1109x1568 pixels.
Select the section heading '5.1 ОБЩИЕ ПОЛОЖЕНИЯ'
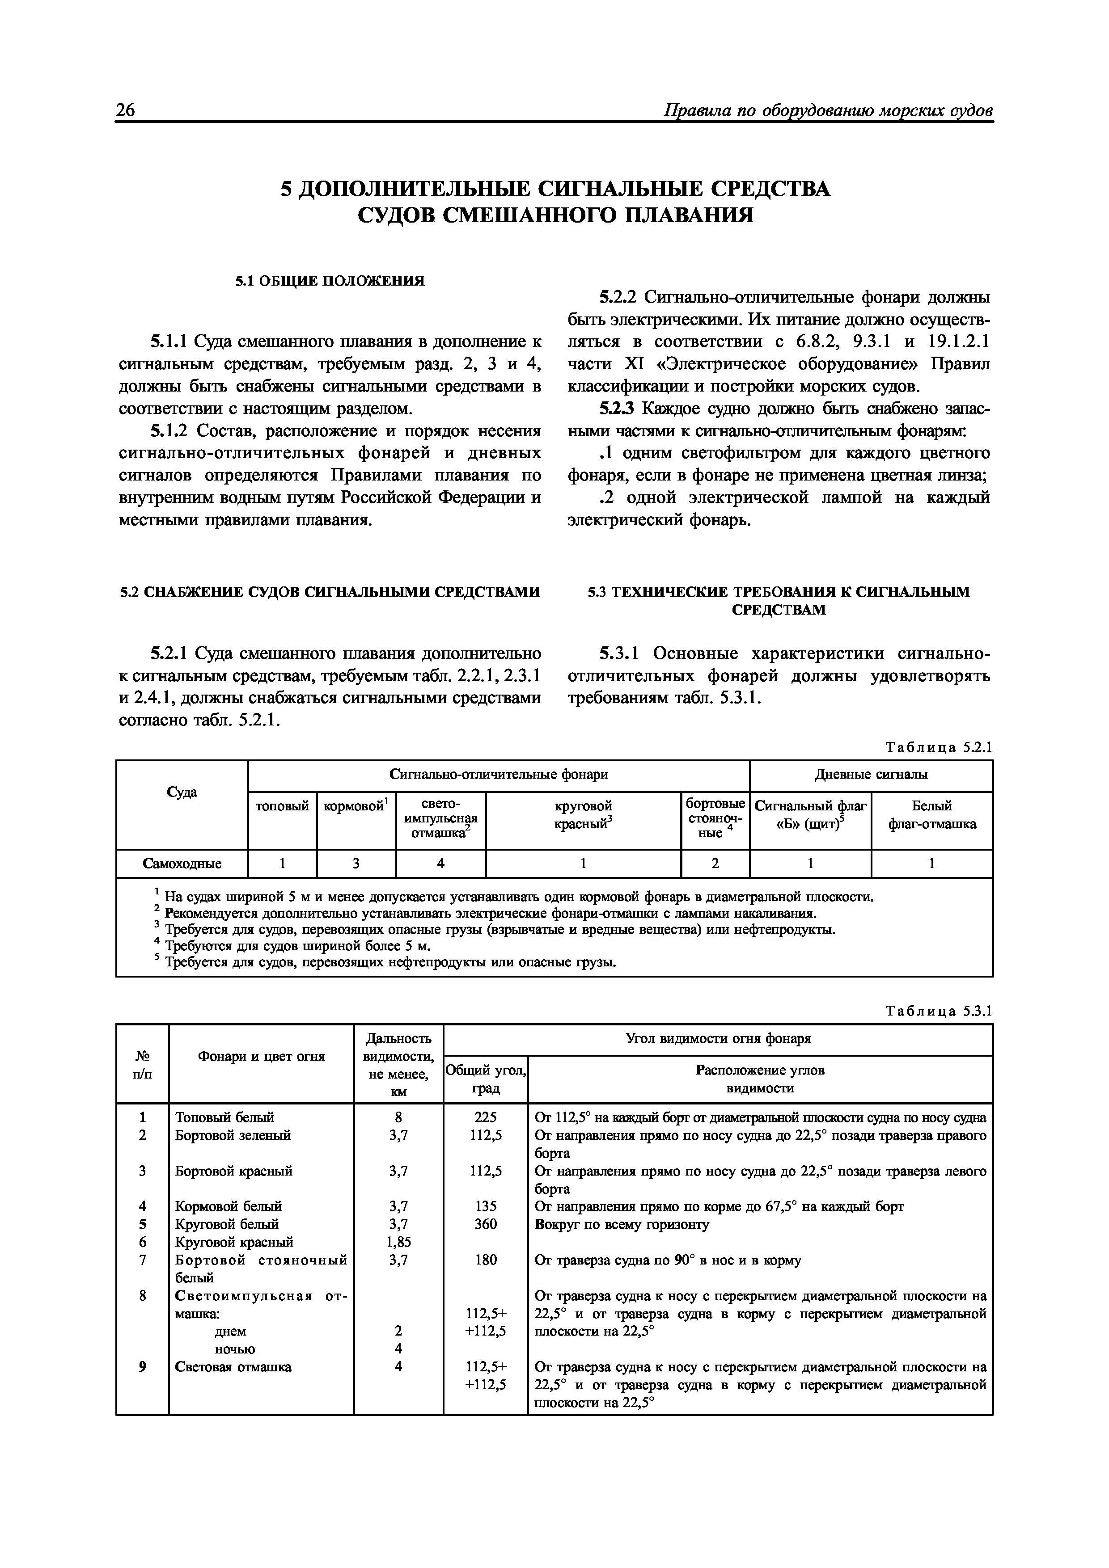click(330, 281)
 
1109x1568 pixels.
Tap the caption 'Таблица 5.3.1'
click(938, 1011)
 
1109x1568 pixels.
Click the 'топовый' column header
click(282, 806)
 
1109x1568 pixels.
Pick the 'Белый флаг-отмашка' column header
click(932, 815)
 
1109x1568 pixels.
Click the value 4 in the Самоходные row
click(441, 864)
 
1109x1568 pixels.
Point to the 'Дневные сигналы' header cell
click(871, 775)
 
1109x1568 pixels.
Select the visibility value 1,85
click(398, 1242)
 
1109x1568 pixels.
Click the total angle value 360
click(485, 1224)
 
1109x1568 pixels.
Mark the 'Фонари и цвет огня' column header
click(261, 1057)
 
